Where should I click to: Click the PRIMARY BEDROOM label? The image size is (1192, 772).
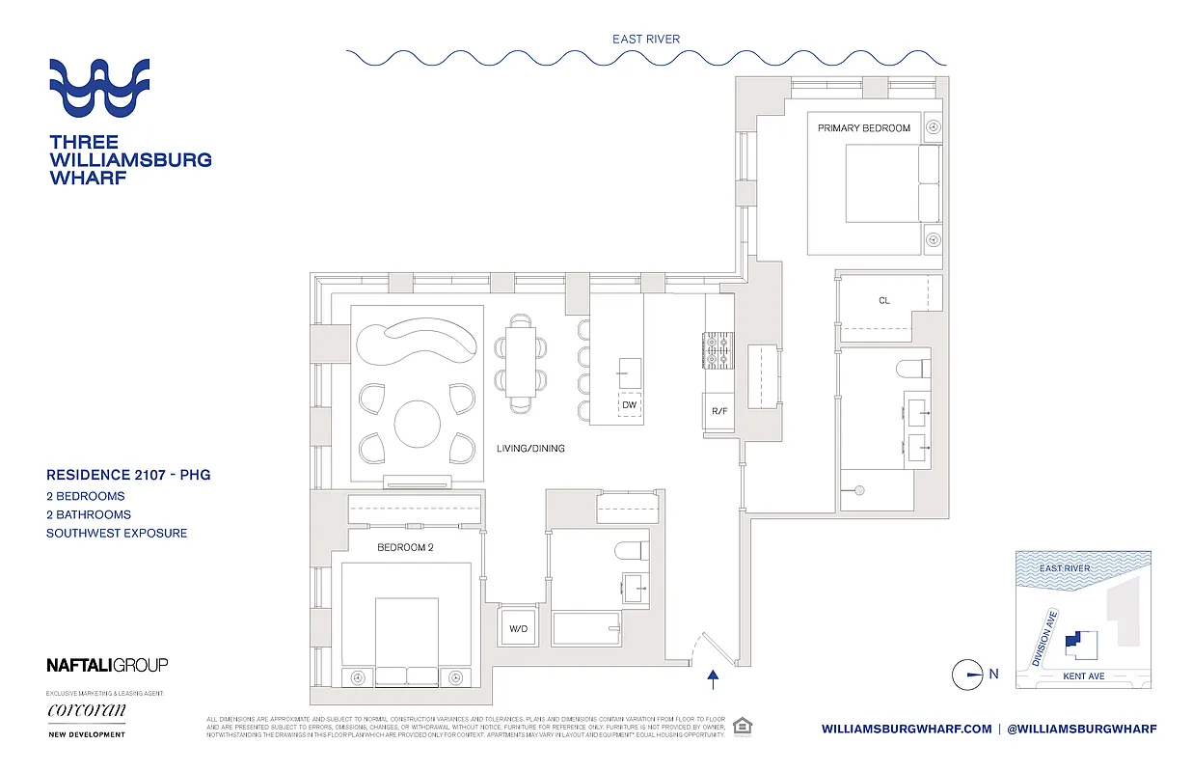863,127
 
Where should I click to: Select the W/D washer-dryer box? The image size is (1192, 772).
519,628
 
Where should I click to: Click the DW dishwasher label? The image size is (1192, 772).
629,405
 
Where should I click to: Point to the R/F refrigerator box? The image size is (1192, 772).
718,411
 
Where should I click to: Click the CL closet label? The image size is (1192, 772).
883,301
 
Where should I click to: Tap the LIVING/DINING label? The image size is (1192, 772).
530,449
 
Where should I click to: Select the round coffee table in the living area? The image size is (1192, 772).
418,422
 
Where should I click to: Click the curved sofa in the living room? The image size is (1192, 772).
417,341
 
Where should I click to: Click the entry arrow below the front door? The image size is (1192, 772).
713,681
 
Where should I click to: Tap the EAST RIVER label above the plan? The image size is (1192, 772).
645,40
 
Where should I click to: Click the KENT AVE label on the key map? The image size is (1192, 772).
1084,676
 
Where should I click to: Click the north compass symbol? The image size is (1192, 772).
967,675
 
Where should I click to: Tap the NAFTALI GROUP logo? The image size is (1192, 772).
107,664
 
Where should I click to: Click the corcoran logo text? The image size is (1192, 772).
87,711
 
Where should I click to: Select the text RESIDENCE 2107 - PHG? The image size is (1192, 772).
128,475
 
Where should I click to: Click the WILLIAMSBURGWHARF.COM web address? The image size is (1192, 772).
907,729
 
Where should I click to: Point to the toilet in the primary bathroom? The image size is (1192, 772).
912,367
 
